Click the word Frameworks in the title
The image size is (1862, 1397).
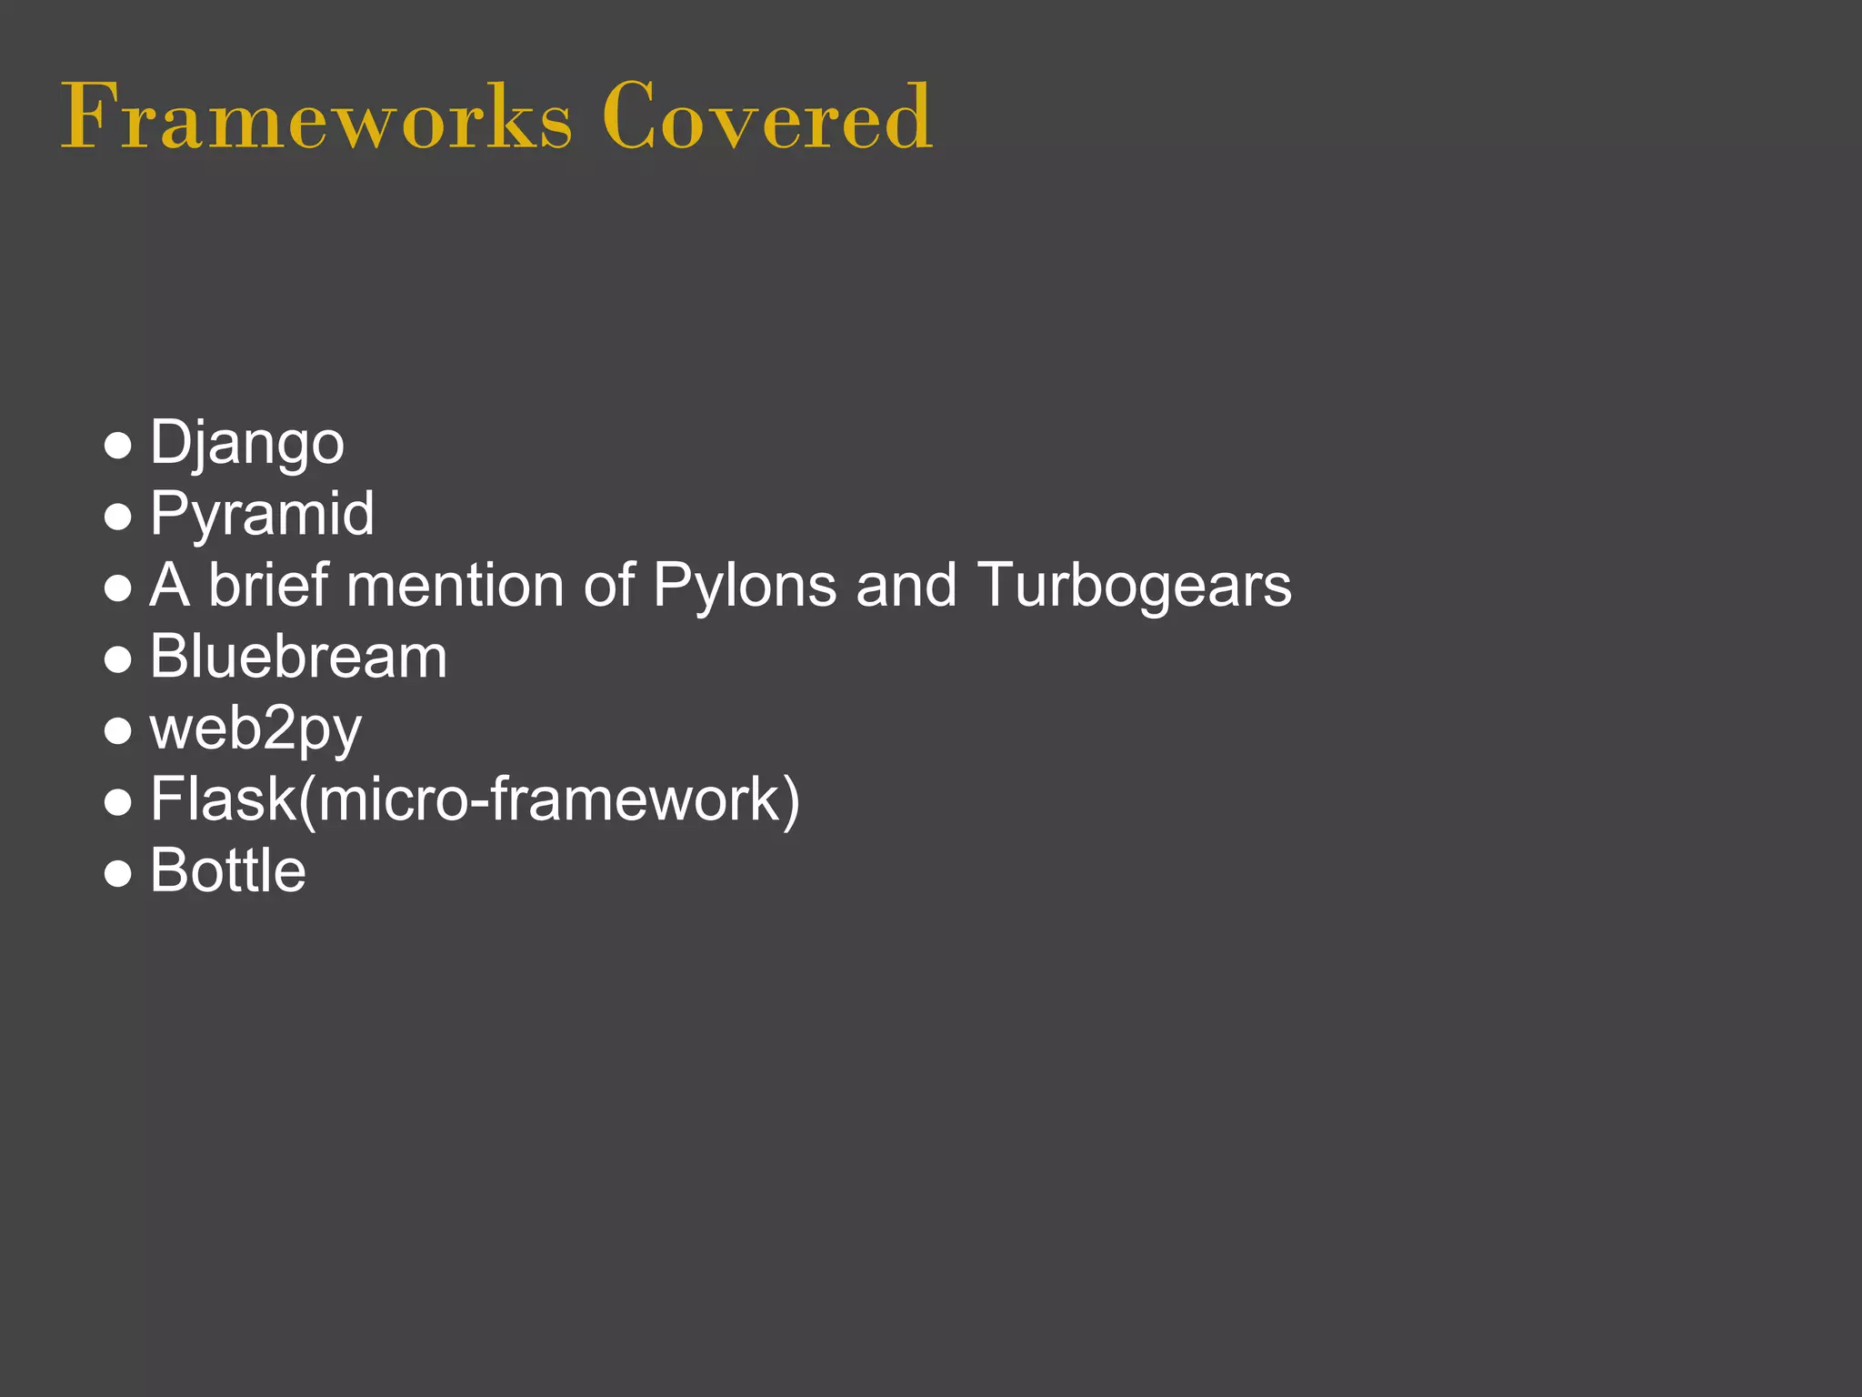tap(316, 116)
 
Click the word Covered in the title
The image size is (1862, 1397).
tap(766, 116)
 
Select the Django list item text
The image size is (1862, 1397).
tap(246, 444)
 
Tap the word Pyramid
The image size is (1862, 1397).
tap(262, 515)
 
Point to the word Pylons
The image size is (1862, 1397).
tap(745, 585)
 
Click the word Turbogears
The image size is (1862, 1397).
tap(1134, 585)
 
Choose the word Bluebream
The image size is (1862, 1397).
tap(298, 657)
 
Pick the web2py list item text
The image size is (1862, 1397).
tap(255, 729)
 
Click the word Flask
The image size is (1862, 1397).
tap(223, 799)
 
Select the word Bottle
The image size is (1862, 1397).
tap(227, 870)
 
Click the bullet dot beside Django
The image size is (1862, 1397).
tap(118, 446)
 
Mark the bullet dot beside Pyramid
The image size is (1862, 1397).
tap(118, 517)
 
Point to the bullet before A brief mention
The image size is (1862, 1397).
tap(118, 588)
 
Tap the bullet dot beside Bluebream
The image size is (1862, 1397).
tap(118, 659)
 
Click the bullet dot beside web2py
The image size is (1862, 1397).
tap(118, 730)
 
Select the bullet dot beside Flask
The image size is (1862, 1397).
tap(118, 802)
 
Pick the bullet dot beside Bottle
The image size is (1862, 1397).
tap(118, 873)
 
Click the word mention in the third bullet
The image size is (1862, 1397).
tap(455, 585)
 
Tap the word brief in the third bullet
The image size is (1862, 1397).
tap(267, 585)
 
